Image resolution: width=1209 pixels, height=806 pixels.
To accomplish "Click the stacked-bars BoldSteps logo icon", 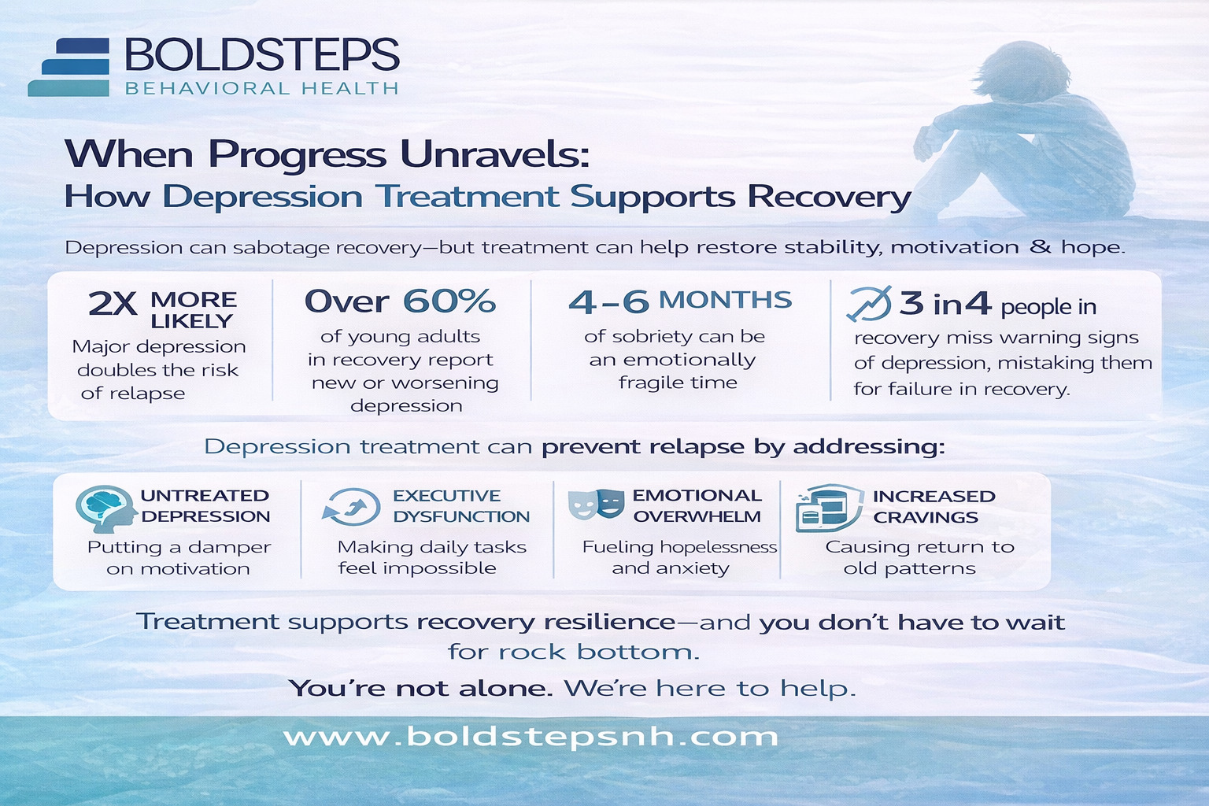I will tap(69, 68).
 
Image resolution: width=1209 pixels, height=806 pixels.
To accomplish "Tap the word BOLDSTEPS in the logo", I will tap(261, 55).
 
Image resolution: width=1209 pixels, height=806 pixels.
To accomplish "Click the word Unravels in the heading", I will tap(494, 153).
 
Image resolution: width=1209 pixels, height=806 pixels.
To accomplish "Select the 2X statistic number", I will tap(113, 304).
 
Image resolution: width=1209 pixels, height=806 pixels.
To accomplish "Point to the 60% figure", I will tap(449, 301).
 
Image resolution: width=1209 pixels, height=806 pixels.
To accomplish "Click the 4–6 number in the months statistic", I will tap(608, 301).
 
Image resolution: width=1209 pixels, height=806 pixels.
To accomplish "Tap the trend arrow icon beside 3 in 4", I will tap(869, 304).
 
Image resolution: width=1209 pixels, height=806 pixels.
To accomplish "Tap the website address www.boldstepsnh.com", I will tap(531, 737).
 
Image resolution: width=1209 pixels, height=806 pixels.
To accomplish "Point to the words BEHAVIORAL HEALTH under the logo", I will tap(261, 88).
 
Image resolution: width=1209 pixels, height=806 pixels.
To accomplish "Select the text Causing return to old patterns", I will tap(918, 557).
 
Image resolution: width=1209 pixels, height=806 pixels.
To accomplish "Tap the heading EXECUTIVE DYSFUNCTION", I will tap(461, 506).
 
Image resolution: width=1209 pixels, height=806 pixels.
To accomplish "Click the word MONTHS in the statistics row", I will tap(725, 300).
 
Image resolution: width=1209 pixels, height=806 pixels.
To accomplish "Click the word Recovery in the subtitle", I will tap(829, 196).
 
